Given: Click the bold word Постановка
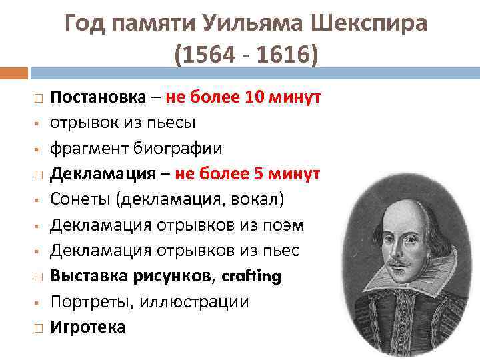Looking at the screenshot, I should [98, 97].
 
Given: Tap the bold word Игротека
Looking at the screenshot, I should [88, 327].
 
